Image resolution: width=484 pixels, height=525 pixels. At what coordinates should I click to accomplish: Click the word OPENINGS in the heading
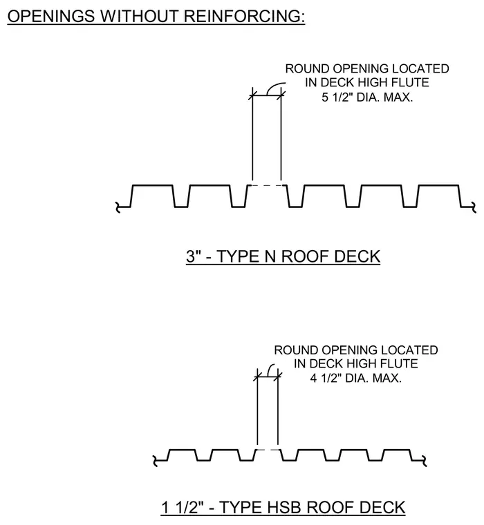click(x=51, y=16)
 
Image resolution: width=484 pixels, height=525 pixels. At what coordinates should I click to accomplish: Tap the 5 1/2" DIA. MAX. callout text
click(x=367, y=97)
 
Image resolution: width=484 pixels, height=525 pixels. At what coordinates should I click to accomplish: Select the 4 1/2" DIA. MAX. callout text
click(x=355, y=379)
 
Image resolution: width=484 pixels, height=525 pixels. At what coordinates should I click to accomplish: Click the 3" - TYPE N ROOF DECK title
click(x=283, y=256)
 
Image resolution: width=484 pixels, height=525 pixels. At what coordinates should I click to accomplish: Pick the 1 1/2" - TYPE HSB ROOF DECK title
click(x=283, y=508)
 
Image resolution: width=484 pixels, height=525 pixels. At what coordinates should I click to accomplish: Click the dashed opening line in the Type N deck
click(x=267, y=185)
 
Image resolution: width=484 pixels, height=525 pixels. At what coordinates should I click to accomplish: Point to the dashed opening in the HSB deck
click(x=268, y=450)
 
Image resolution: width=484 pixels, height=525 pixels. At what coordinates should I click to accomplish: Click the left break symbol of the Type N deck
click(x=118, y=208)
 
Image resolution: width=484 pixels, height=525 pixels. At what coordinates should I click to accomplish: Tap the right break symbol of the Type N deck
click(x=474, y=207)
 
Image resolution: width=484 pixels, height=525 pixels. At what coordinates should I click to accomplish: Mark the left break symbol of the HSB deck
click(x=155, y=461)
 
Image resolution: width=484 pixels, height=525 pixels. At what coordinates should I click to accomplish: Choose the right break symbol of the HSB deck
click(x=425, y=461)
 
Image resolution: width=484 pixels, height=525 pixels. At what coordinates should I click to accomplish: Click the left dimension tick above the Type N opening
click(x=252, y=95)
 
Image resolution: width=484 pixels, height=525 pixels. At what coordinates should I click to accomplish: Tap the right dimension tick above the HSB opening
click(x=278, y=377)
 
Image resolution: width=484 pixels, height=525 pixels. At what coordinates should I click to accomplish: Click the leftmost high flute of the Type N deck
click(x=153, y=185)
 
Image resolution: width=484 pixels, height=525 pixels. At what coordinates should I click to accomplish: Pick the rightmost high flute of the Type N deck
click(x=439, y=185)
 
